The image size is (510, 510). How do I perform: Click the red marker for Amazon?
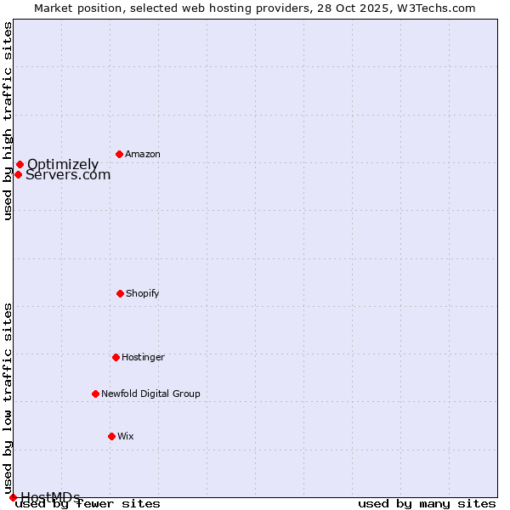pos(119,154)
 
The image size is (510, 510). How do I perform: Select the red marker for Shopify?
pos(120,293)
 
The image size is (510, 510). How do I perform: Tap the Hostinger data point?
pos(116,357)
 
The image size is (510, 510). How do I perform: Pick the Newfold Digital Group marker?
pos(95,394)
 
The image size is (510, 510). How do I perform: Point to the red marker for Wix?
pos(111,436)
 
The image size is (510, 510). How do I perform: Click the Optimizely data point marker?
pos(20,164)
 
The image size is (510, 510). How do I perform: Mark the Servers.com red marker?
pos(18,174)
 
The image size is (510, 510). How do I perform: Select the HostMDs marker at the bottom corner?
pos(13,497)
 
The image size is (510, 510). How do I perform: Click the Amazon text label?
pos(143,154)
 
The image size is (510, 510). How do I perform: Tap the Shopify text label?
pos(143,293)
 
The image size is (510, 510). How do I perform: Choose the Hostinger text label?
pos(143,357)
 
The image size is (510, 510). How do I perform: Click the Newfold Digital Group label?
pos(150,394)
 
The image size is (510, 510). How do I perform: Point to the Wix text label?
pos(126,436)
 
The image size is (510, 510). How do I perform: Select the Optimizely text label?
pos(63,164)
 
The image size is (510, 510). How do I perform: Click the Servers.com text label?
pos(68,175)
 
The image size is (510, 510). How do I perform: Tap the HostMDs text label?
pos(51,497)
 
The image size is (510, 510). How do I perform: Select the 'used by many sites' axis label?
pos(427,504)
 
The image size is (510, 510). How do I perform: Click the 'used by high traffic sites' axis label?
pos(8,121)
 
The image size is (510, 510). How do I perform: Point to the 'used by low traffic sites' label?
pos(8,398)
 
